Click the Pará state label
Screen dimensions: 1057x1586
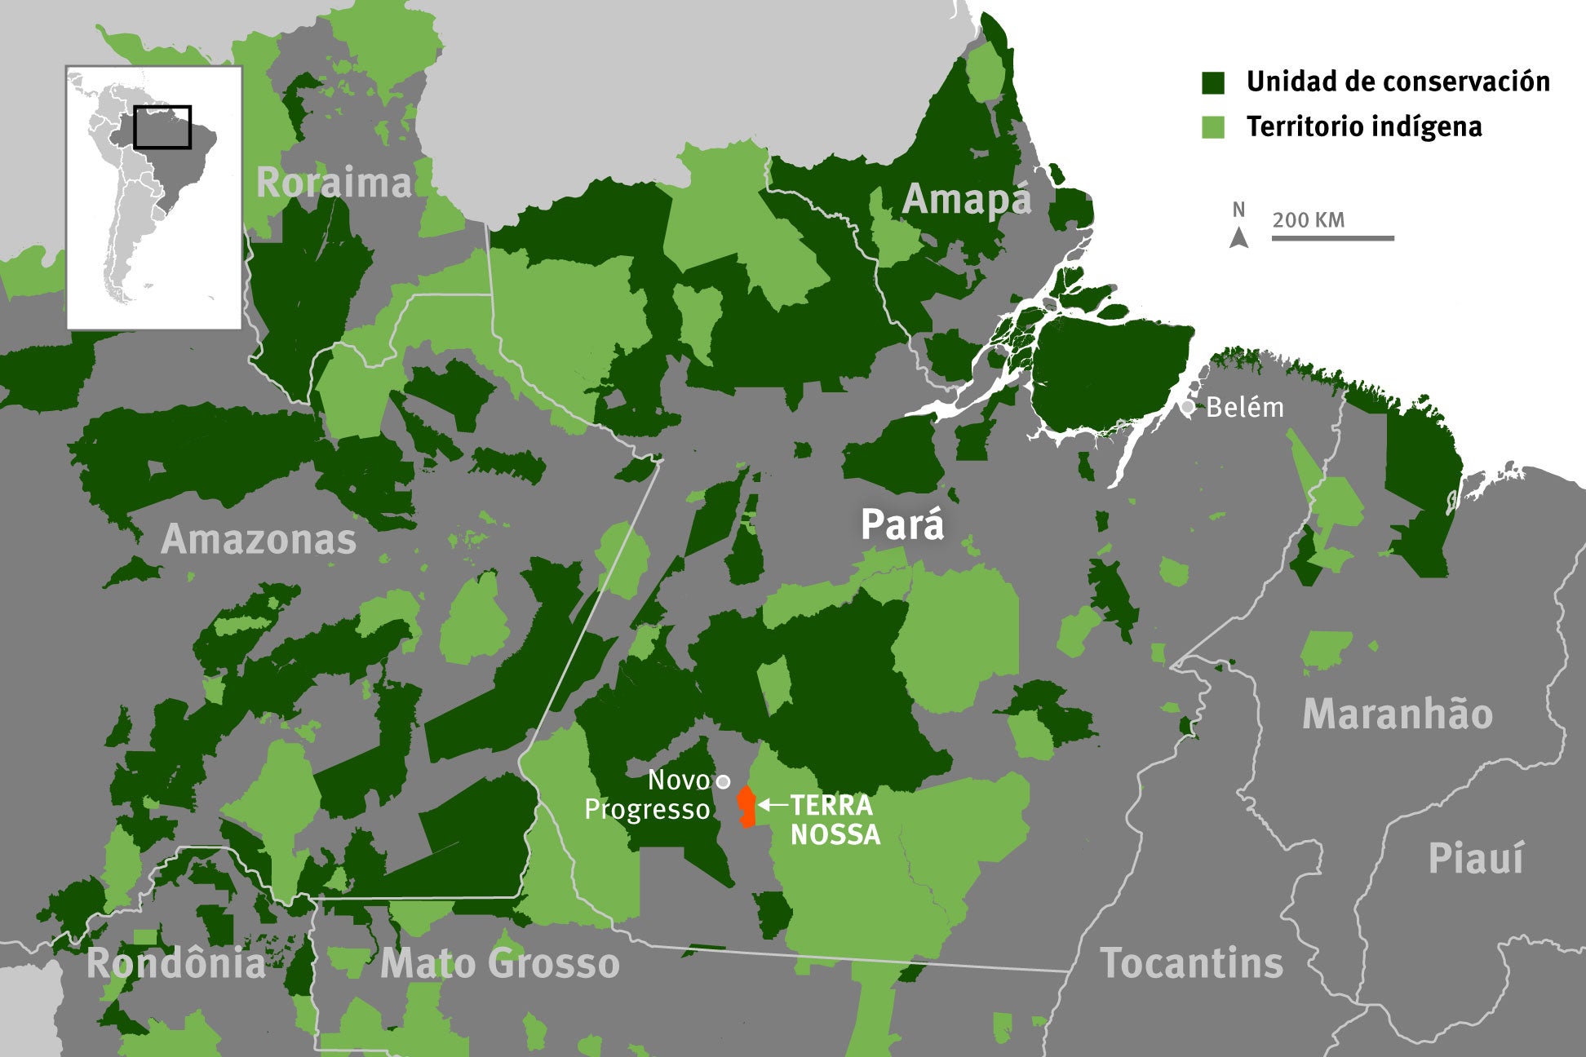pyautogui.click(x=902, y=525)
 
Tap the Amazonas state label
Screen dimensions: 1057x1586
pyautogui.click(x=259, y=540)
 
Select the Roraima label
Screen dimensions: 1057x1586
pyautogui.click(x=334, y=183)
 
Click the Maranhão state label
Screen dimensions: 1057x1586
pyautogui.click(x=1397, y=714)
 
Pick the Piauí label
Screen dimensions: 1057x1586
pyautogui.click(x=1475, y=859)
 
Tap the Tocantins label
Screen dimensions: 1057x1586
pyautogui.click(x=1191, y=963)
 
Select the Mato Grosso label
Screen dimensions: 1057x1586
pyautogui.click(x=499, y=963)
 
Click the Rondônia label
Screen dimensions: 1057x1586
pyautogui.click(x=176, y=963)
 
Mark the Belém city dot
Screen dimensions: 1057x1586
pyautogui.click(x=1187, y=406)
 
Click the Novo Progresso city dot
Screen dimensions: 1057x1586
pyautogui.click(x=722, y=781)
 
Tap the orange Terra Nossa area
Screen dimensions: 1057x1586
pyautogui.click(x=746, y=807)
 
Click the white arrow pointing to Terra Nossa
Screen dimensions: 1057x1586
pyautogui.click(x=772, y=805)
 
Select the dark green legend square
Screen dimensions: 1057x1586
pyautogui.click(x=1213, y=82)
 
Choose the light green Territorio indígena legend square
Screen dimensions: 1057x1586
pyautogui.click(x=1213, y=127)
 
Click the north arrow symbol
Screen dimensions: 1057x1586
pyautogui.click(x=1238, y=237)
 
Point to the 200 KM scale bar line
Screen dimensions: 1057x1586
pyautogui.click(x=1332, y=238)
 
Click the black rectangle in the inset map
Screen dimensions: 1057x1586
pyautogui.click(x=162, y=127)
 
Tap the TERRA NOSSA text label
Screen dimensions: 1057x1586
pyautogui.click(x=834, y=820)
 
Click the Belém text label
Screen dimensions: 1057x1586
pyautogui.click(x=1244, y=407)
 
